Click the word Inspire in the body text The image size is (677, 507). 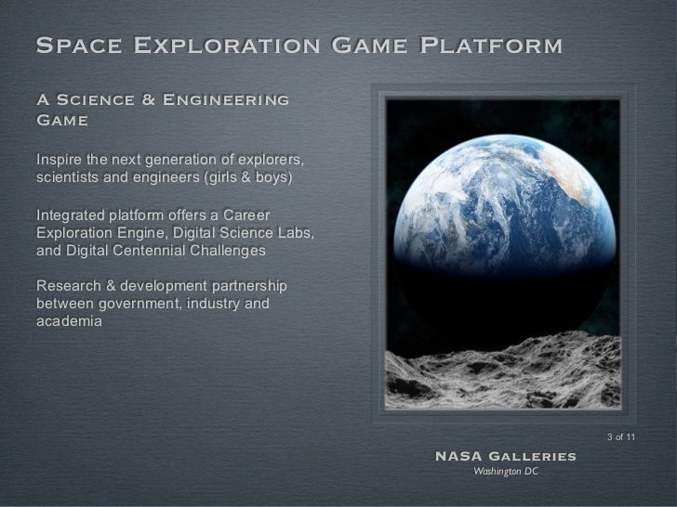click(x=59, y=154)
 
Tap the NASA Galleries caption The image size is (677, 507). click(x=505, y=457)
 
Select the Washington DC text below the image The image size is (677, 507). click(x=505, y=473)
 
